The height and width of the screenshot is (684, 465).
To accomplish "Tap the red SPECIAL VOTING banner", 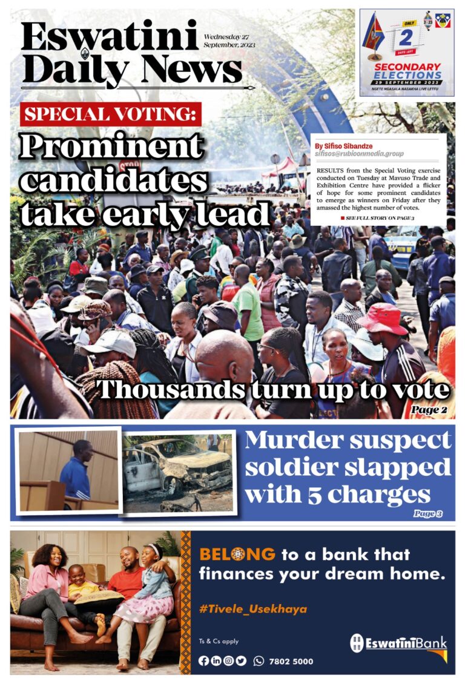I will [x=111, y=114].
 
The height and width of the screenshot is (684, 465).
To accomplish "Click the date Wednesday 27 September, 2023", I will [x=229, y=41].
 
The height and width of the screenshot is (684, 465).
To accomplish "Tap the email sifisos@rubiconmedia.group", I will [x=359, y=154].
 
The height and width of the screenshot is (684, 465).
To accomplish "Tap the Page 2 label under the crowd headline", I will [x=429, y=410].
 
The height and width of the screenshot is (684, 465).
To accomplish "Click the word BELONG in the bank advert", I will [x=237, y=554].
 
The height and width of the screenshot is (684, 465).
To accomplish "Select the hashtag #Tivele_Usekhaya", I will [x=252, y=608].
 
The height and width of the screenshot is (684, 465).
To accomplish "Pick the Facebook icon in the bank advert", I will [x=204, y=661].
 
